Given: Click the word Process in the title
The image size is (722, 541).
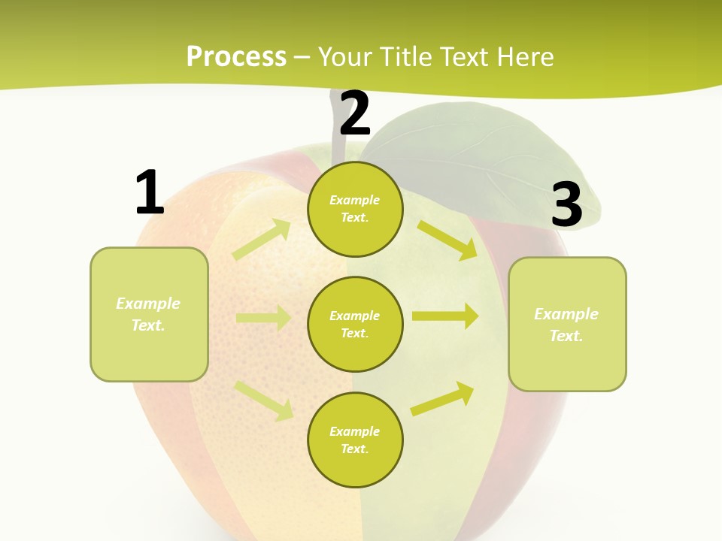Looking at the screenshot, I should (236, 56).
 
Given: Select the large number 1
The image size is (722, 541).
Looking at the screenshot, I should (149, 192).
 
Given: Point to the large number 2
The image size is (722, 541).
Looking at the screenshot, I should (355, 113).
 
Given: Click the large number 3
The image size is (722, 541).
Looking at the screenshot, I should (566, 204).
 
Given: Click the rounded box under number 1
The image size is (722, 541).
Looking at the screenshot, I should (149, 314).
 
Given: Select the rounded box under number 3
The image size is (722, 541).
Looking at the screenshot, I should (567, 325).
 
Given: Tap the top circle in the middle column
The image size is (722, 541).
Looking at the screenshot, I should (355, 209).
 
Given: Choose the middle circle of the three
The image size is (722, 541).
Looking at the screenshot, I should (355, 324).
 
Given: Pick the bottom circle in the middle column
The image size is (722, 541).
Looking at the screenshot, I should (355, 440).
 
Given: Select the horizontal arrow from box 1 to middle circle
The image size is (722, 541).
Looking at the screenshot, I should (263, 318).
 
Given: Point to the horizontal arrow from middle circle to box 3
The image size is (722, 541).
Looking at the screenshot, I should (445, 316).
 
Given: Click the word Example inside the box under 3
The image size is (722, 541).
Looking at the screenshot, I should (566, 314).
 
